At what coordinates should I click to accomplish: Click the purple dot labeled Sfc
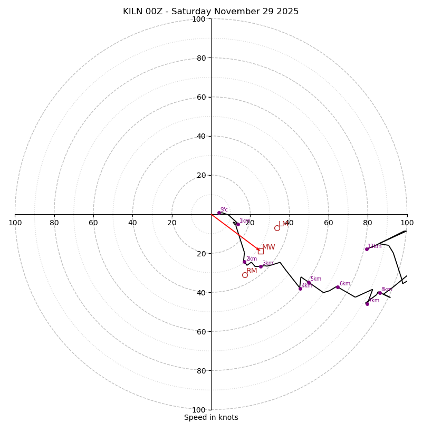coord(219,213)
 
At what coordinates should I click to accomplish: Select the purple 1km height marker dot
coord(238,224)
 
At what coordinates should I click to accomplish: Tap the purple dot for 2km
coord(244,262)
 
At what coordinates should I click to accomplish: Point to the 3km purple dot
coord(261,266)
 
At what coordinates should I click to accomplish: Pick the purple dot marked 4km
coord(300,289)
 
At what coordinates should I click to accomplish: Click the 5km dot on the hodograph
coord(309,282)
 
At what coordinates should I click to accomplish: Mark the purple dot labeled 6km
coord(338,287)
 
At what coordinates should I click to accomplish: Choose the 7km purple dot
coord(367,304)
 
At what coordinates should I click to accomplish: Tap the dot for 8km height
coord(380,293)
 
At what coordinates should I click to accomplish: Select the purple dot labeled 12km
coord(367,249)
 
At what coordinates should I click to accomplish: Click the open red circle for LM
coord(277,228)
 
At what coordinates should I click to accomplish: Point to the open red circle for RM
coord(245,275)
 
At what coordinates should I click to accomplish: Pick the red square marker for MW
coord(261,251)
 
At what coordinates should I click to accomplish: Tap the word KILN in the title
coord(134,12)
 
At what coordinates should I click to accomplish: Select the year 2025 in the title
coord(287,12)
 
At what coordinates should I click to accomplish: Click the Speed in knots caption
coord(211,417)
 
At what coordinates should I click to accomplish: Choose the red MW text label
coord(268,247)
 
